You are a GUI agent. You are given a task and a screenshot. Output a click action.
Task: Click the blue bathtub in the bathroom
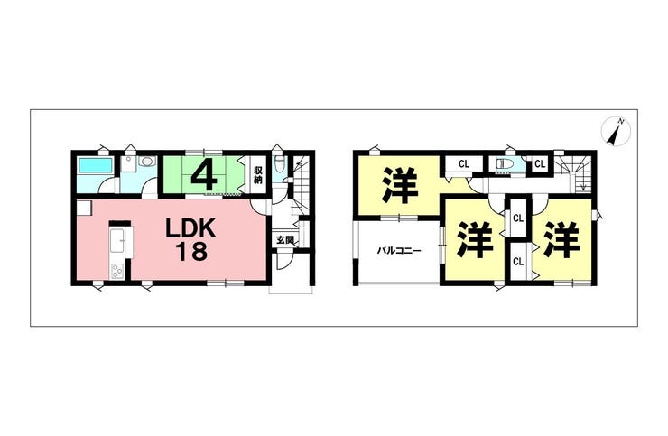coord(96,165)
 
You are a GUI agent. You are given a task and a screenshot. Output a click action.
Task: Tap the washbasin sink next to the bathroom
coord(147,162)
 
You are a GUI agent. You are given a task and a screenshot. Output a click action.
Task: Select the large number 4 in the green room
coord(204,175)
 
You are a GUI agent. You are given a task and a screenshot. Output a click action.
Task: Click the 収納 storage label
coord(258,174)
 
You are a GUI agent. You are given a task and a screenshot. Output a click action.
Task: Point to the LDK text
coord(190,229)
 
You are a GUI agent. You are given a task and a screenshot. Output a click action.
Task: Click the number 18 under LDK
coord(190,252)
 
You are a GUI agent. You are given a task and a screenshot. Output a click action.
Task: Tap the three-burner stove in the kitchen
coord(116,271)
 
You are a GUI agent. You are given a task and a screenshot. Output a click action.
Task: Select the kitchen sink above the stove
coord(116,242)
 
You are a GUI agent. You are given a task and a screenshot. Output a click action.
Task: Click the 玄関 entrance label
coord(284,240)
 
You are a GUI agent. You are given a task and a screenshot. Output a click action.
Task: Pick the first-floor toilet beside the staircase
coord(279,164)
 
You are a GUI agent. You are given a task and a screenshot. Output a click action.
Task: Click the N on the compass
coord(622,122)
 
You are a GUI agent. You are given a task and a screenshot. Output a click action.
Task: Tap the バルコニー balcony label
coord(399,251)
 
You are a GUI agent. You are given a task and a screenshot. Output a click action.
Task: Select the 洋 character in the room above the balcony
coord(400,185)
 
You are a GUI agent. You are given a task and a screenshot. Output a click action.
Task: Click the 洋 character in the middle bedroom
coord(475,239)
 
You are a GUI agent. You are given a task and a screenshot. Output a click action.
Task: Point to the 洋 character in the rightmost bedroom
coord(561,239)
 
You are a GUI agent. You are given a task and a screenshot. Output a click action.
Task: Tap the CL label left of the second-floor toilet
coord(464,164)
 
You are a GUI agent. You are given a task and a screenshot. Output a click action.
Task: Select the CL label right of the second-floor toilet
coord(540,164)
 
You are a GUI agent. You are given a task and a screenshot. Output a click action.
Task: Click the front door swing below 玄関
coord(283,262)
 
